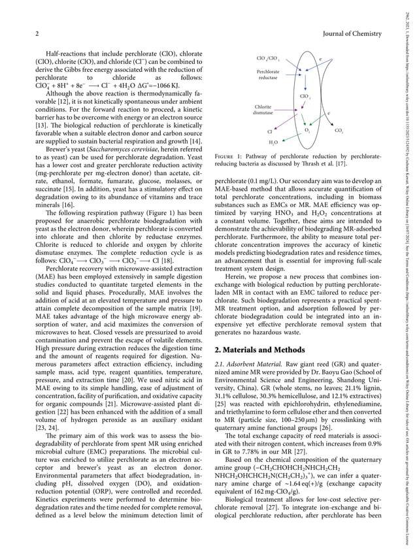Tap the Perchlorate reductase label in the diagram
pyautogui.click(x=268, y=74)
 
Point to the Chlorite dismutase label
pyautogui.click(x=263, y=110)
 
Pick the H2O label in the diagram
pyautogui.click(x=273, y=142)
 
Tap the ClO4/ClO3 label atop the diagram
pyautogui.click(x=268, y=59)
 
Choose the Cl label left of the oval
pyautogui.click(x=269, y=131)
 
